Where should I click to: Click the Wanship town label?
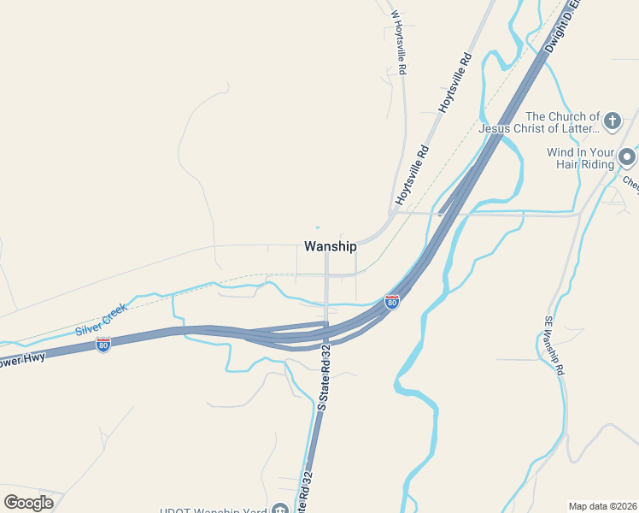coord(330,246)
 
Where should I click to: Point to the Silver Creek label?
coord(101,319)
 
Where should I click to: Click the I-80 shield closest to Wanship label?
coord(391,302)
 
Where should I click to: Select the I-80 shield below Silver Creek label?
coord(103,345)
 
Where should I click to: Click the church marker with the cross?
coord(612,121)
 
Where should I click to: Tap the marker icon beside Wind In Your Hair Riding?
coord(627,157)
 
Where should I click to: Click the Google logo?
coord(28,502)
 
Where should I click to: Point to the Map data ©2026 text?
coord(602,506)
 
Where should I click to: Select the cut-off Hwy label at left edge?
coord(22,360)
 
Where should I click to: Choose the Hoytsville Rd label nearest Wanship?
coord(412,175)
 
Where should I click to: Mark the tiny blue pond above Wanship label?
coord(317,227)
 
